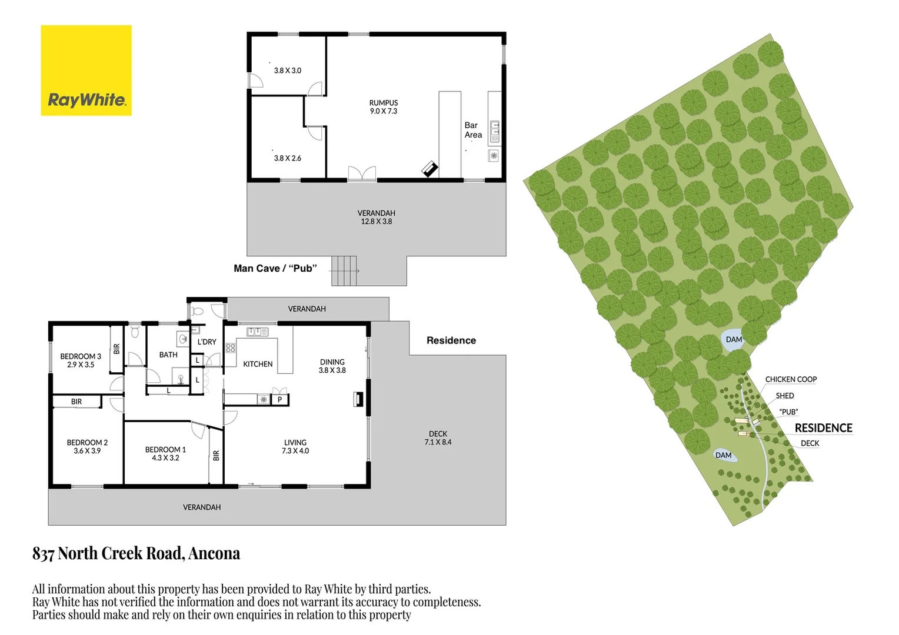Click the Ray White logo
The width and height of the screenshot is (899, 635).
pyautogui.click(x=86, y=71)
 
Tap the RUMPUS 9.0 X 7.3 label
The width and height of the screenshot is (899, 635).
pyautogui.click(x=384, y=107)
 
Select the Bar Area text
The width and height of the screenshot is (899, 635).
pyautogui.click(x=473, y=130)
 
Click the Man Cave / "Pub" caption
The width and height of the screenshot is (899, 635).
pyautogui.click(x=275, y=268)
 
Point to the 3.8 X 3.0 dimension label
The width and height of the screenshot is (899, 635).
pyautogui.click(x=287, y=71)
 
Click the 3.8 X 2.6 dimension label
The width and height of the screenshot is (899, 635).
pyautogui.click(x=287, y=158)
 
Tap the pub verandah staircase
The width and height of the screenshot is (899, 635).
pyautogui.click(x=344, y=270)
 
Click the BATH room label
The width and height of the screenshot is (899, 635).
pyautogui.click(x=168, y=355)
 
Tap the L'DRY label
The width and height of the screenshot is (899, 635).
pyautogui.click(x=207, y=342)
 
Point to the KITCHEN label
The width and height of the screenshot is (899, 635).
pyautogui.click(x=258, y=364)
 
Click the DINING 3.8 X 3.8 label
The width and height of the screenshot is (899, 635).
pyautogui.click(x=332, y=366)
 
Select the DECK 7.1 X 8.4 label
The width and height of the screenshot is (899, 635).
pyautogui.click(x=438, y=438)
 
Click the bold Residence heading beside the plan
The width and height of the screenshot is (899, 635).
pyautogui.click(x=451, y=340)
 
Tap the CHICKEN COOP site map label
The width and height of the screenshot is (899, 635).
pyautogui.click(x=791, y=379)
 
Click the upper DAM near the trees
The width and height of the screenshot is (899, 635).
pyautogui.click(x=734, y=340)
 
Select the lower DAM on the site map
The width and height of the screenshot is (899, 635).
pyautogui.click(x=723, y=455)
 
